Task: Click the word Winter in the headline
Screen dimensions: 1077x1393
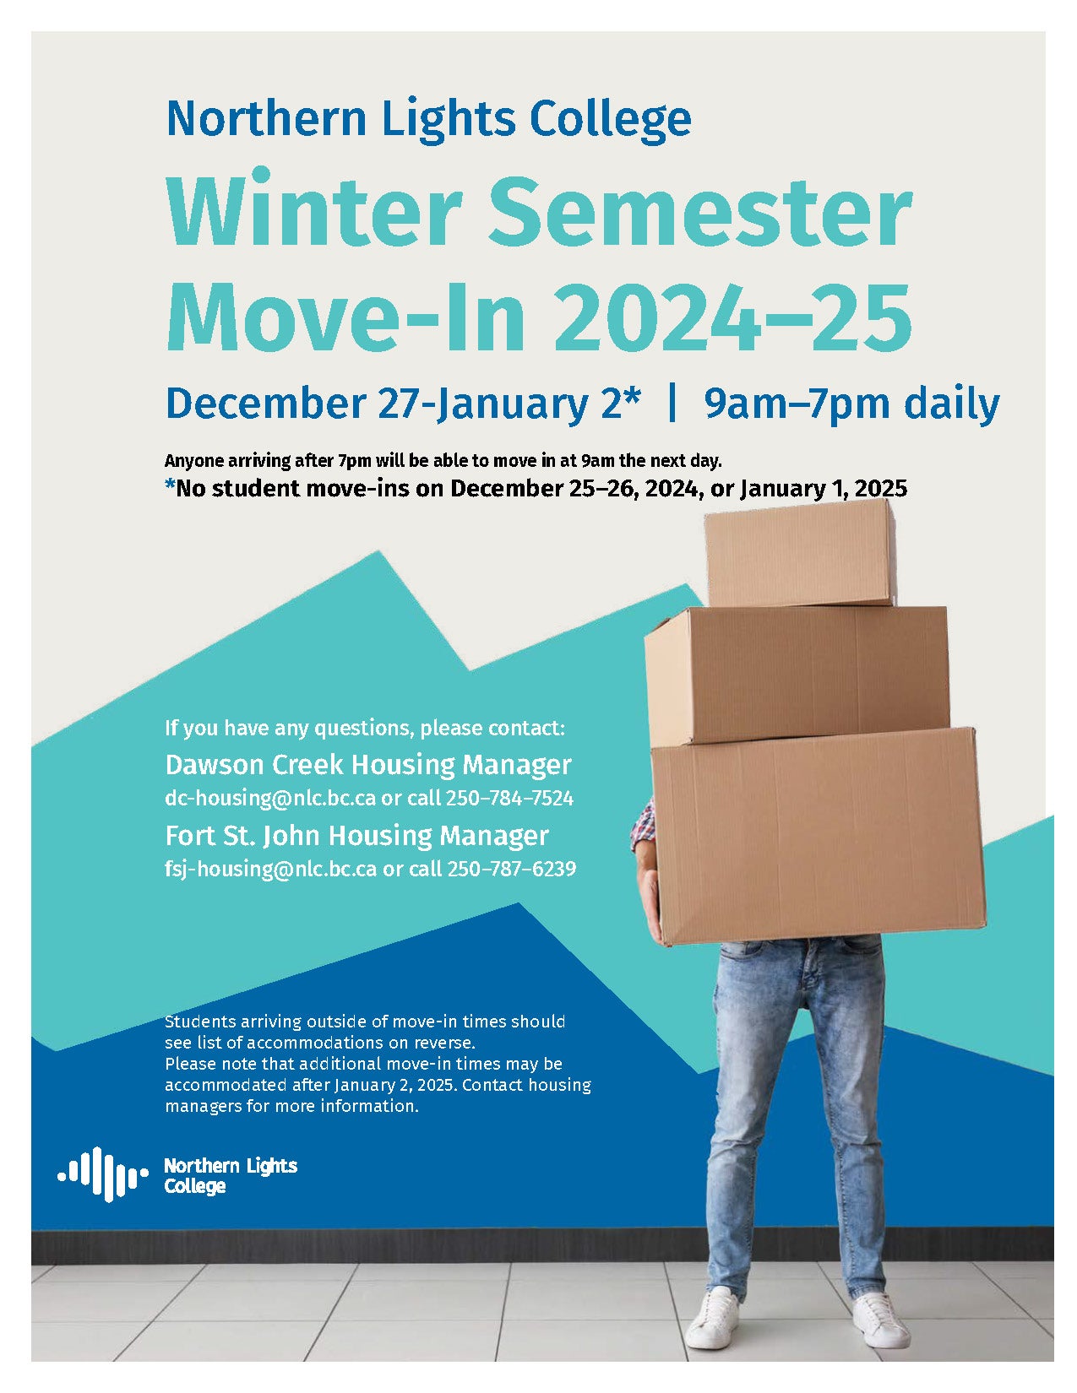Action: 313,209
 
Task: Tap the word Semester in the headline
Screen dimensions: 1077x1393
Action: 703,209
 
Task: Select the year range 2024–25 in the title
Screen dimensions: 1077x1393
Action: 732,317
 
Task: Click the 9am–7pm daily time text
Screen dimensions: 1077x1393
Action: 852,403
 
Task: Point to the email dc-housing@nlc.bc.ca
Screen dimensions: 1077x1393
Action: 270,798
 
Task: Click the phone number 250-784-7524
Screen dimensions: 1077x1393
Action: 509,798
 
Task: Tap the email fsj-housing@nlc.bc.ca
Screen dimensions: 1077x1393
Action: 270,869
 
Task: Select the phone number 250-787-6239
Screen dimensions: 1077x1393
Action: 511,869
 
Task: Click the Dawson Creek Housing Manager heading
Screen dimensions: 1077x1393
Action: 368,765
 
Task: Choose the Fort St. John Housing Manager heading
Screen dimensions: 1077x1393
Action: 356,835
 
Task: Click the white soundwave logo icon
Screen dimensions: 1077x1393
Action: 103,1174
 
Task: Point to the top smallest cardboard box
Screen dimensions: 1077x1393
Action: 799,553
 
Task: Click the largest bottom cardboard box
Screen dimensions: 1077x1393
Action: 818,836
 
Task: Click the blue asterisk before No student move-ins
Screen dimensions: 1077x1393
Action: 170,485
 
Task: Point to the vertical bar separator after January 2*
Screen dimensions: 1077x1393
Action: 672,404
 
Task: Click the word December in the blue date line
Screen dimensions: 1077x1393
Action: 265,403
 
